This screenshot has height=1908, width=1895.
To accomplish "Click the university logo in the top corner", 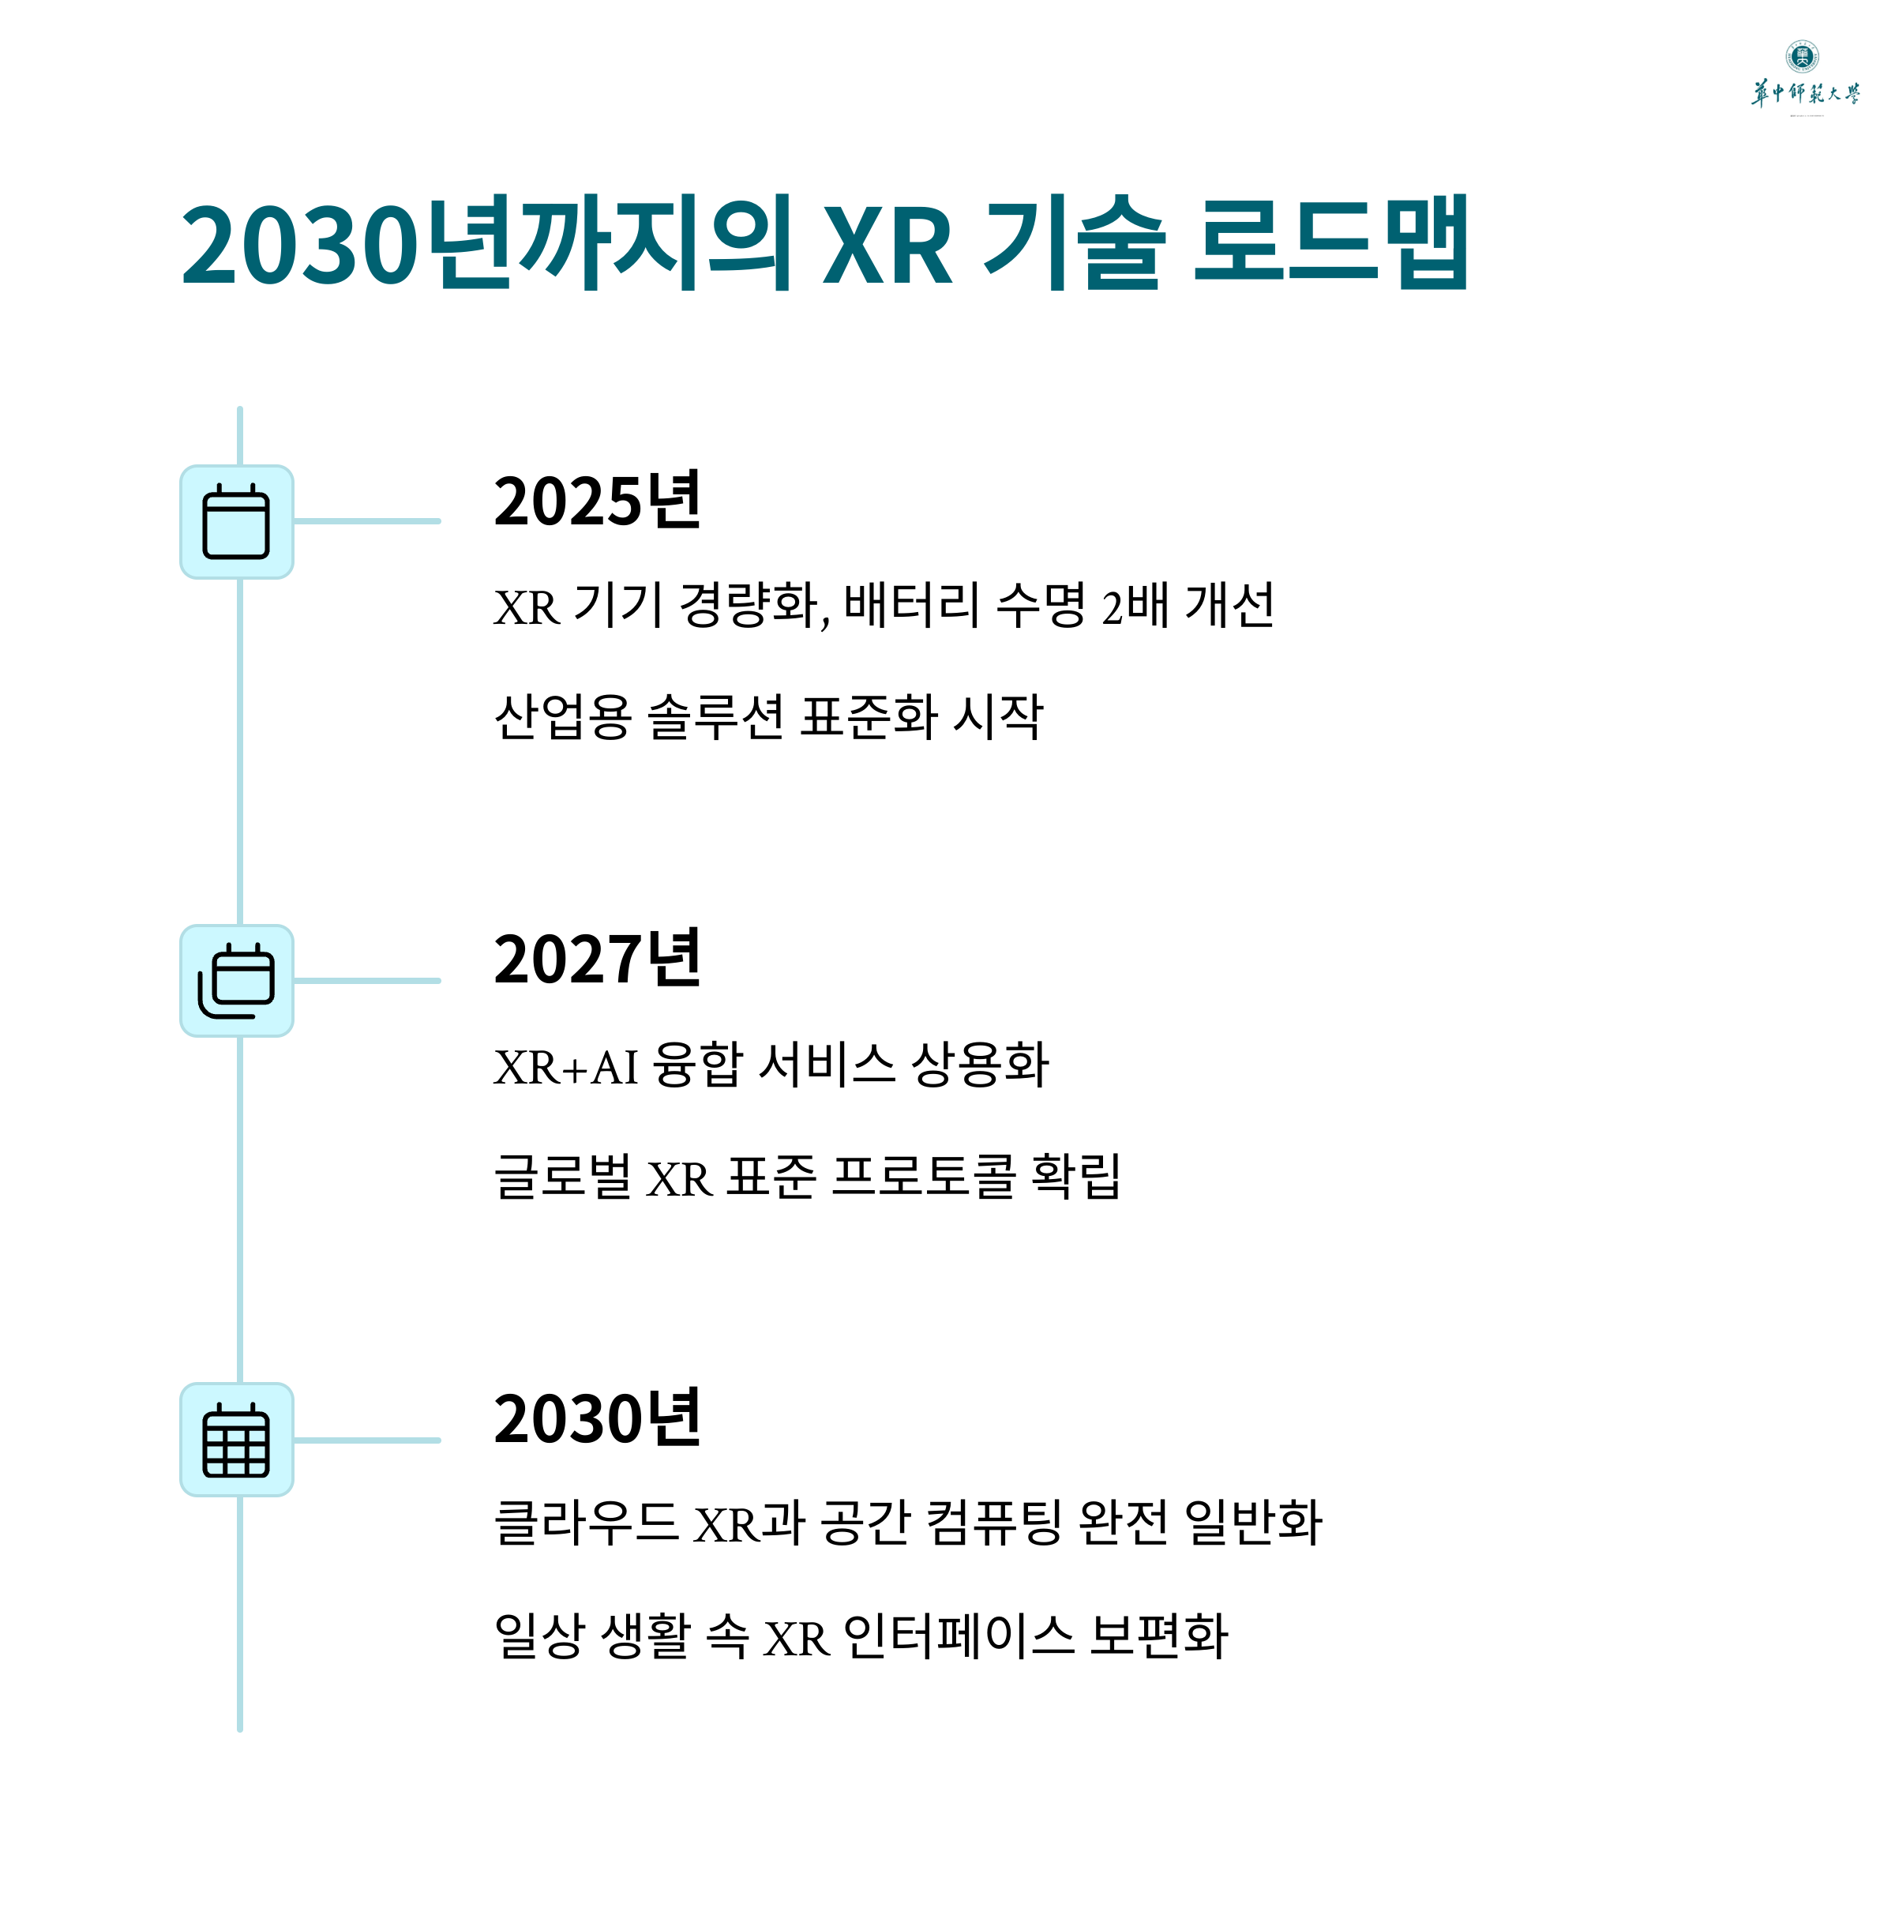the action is pyautogui.click(x=1804, y=77).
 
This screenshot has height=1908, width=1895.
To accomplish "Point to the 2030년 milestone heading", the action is pyautogui.click(x=596, y=1418).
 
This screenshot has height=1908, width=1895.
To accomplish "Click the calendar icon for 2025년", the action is pyautogui.click(x=236, y=521).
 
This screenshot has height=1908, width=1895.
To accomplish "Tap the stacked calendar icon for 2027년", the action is pyautogui.click(x=236, y=981).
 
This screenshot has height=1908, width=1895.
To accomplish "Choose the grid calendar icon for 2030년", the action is pyautogui.click(x=236, y=1440).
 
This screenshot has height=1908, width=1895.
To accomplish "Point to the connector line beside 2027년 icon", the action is pyautogui.click(x=366, y=981).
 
